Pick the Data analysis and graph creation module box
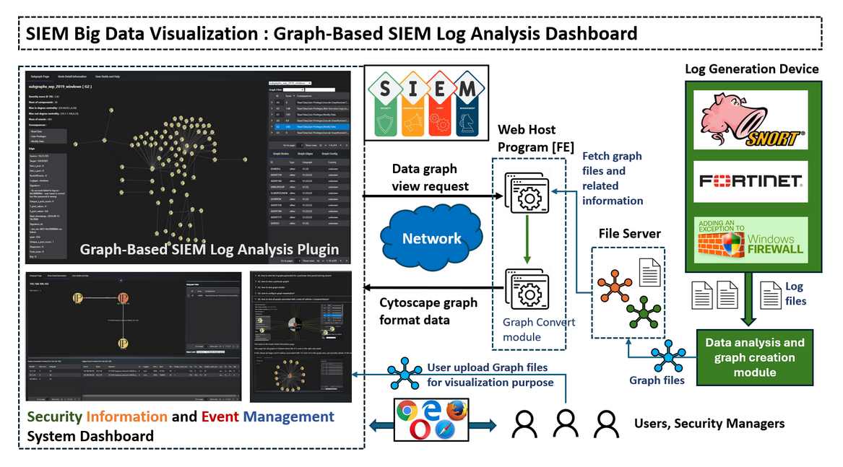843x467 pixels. (x=754, y=357)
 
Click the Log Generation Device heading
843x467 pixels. (x=751, y=69)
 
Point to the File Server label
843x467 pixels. (x=629, y=233)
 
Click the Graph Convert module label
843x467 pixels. (x=540, y=329)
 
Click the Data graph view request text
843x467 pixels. (x=425, y=178)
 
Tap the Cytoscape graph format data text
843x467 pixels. (x=428, y=311)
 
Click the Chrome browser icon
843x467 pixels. (x=406, y=411)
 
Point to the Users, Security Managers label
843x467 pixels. (x=709, y=423)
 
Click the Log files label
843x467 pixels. (x=794, y=294)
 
